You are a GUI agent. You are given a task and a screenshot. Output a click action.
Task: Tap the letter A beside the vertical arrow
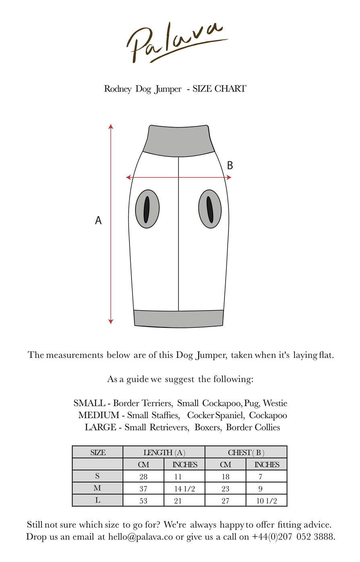[98, 220]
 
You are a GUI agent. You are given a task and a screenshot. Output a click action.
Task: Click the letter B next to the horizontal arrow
[230, 165]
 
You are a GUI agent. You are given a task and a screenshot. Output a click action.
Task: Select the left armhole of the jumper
[147, 209]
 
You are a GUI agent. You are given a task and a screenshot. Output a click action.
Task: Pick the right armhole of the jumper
[210, 209]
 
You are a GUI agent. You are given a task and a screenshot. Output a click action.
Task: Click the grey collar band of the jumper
[179, 139]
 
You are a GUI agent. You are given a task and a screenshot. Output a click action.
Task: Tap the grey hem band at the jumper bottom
[179, 318]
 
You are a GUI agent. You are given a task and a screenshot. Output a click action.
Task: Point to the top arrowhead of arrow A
[111, 126]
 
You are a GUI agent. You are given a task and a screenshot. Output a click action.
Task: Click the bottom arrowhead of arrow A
[111, 321]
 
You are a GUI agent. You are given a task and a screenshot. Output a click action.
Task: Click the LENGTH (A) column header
[164, 453]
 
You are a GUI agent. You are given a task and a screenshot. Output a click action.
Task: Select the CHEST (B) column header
[246, 453]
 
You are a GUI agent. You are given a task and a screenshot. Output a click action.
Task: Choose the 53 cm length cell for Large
[143, 501]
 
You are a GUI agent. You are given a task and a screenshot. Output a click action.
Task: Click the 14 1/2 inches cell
[184, 489]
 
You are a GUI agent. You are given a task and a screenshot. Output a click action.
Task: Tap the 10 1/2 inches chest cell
[266, 501]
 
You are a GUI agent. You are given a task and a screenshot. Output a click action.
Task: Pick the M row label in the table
[97, 488]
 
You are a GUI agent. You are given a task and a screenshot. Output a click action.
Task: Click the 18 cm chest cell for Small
[225, 477]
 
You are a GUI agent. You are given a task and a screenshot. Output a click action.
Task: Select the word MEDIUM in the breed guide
[99, 415]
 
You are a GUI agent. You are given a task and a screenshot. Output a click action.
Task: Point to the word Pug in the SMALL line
[251, 403]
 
